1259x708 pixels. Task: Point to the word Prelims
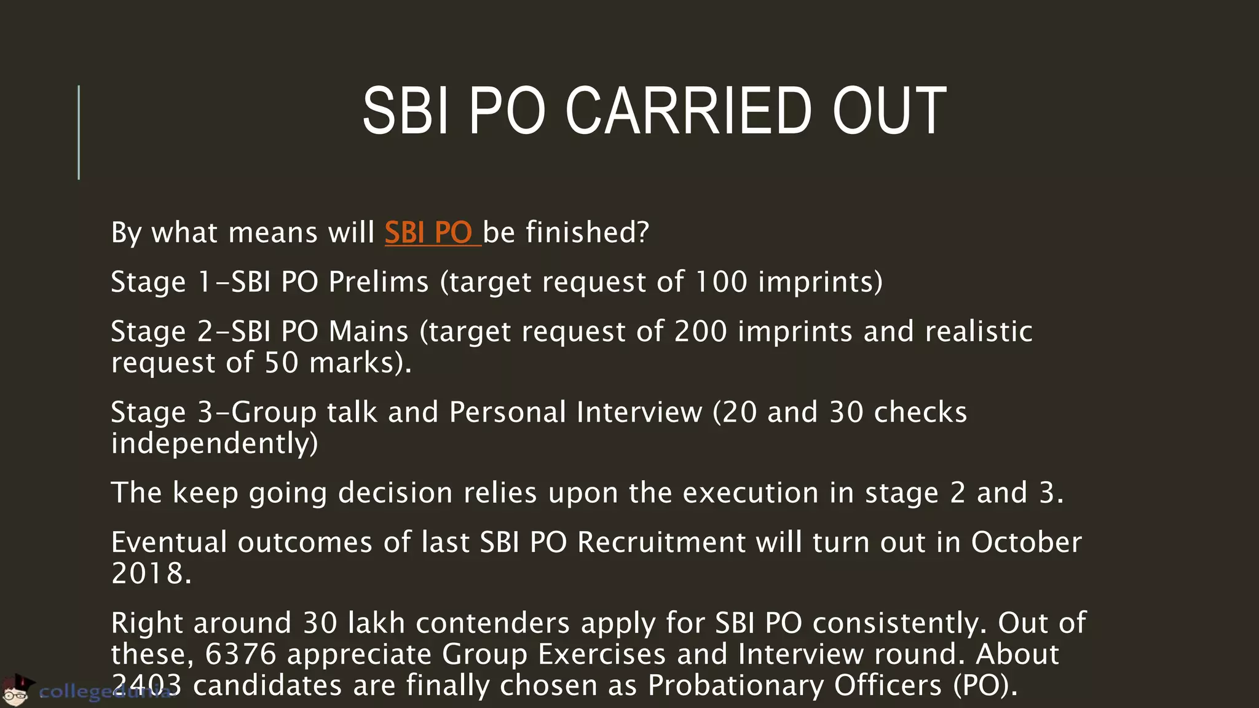[x=378, y=282]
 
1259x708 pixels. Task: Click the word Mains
[x=368, y=332]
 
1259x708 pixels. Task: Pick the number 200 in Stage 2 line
[x=700, y=332]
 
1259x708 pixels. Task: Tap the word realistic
[x=978, y=332]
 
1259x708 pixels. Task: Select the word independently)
[x=215, y=444]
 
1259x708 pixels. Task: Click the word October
[x=1026, y=543]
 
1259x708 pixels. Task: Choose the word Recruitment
[x=661, y=543]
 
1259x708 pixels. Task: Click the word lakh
[x=376, y=623]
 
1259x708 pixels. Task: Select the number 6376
[x=240, y=655]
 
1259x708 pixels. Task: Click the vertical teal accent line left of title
[x=79, y=132]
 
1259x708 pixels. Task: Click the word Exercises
[x=602, y=655]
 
